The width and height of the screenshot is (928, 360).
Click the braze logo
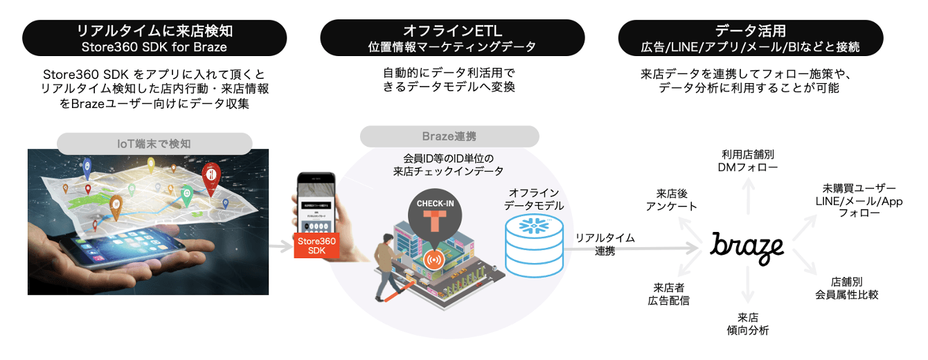pyautogui.click(x=747, y=247)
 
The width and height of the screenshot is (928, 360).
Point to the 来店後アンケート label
pyautogui.click(x=672, y=199)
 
